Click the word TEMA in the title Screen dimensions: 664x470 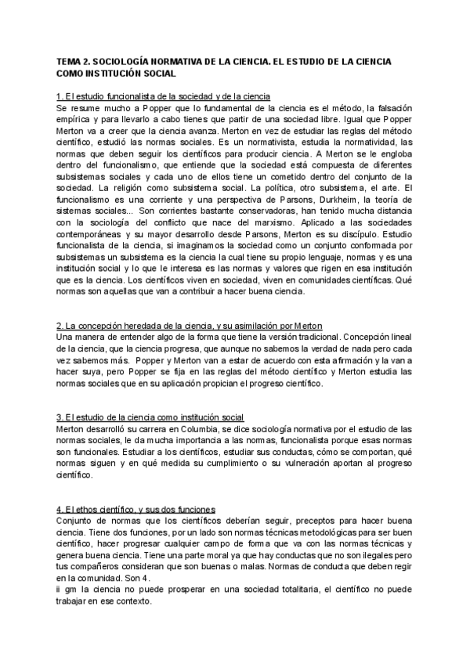70,60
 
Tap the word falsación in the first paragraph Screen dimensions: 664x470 380,108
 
